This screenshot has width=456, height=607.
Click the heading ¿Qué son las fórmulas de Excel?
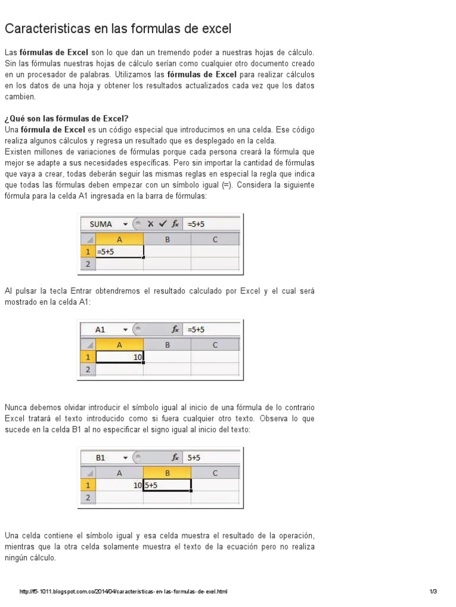pyautogui.click(x=66, y=119)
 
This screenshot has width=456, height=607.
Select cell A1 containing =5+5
pyautogui.click(x=119, y=252)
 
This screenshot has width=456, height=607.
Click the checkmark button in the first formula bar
pyautogui.click(x=163, y=224)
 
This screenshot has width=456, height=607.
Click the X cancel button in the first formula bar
pyautogui.click(x=151, y=224)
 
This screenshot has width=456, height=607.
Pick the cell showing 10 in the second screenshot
pyautogui.click(x=119, y=357)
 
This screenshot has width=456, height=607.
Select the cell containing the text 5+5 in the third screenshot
pyautogui.click(x=167, y=485)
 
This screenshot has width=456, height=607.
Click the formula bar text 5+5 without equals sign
pyautogui.click(x=194, y=458)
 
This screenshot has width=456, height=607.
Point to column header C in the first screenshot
pyautogui.click(x=215, y=239)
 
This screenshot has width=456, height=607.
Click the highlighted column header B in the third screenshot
pyautogui.click(x=167, y=472)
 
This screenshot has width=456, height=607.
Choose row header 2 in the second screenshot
pyautogui.click(x=87, y=369)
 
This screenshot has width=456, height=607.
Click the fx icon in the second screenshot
pyautogui.click(x=175, y=330)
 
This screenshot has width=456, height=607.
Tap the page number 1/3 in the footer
pyautogui.click(x=433, y=592)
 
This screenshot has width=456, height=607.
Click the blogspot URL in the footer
pyautogui.click(x=123, y=592)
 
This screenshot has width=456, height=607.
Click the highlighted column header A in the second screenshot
pyautogui.click(x=119, y=344)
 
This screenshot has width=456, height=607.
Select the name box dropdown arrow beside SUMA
pyautogui.click(x=125, y=224)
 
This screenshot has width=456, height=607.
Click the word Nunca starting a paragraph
pyautogui.click(x=15, y=407)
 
